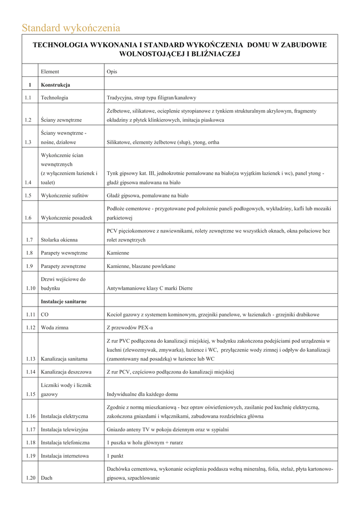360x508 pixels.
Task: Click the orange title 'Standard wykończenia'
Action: click(71, 28)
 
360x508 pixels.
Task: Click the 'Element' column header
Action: click(50, 71)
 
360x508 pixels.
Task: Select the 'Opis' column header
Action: click(112, 71)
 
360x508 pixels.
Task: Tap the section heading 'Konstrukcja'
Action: click(55, 85)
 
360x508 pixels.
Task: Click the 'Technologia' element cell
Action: click(55, 98)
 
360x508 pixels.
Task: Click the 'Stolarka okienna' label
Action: click(59, 240)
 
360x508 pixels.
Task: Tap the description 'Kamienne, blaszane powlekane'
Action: click(141, 266)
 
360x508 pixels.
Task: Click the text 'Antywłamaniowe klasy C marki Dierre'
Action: click(149, 288)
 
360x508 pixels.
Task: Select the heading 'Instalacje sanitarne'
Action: click(64, 301)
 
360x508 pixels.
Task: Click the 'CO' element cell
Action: click(45, 315)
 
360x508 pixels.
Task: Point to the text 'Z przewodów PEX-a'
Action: click(130, 327)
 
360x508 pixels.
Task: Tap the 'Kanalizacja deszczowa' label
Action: click(66, 372)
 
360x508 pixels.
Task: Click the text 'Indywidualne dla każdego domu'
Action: click(142, 394)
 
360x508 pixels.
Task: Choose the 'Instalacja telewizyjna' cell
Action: click(65, 429)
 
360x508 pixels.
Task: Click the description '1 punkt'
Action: click(115, 456)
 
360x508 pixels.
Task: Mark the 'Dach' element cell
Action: click(47, 478)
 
